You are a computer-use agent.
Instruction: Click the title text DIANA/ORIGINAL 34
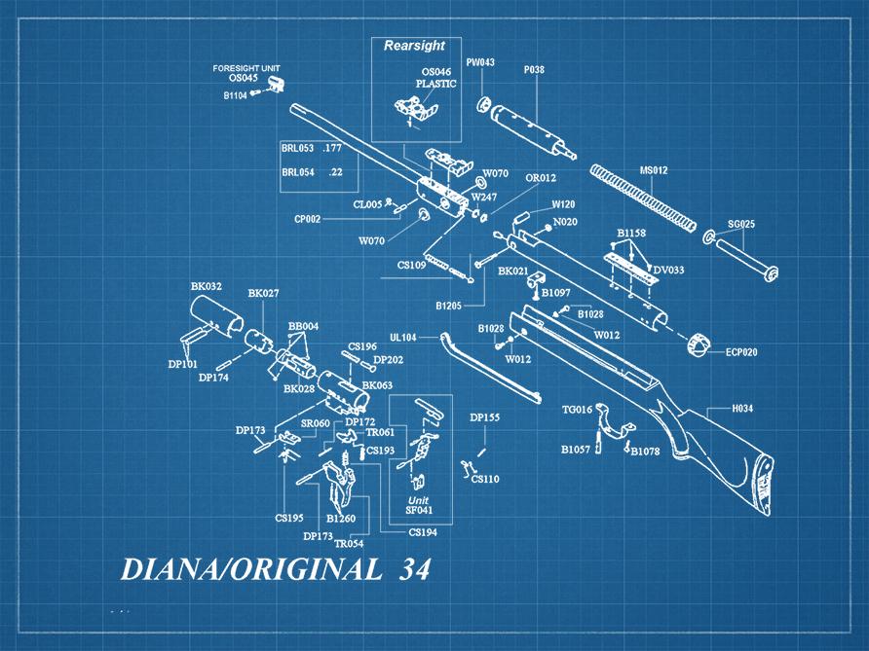coord(275,570)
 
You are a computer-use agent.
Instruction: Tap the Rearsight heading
coord(414,46)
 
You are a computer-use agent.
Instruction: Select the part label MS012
coord(653,170)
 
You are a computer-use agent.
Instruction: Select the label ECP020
coord(740,351)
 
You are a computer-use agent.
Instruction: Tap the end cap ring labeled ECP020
coord(699,345)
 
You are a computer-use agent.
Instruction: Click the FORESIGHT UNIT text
coord(246,67)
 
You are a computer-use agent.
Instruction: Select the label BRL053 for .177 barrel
coord(297,148)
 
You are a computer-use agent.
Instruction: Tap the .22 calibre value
coord(336,172)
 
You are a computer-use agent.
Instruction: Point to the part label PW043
coord(480,62)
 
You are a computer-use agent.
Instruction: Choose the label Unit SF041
coord(419,504)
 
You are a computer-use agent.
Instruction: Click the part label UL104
coord(403,338)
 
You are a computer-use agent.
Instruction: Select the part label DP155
coord(484,417)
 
